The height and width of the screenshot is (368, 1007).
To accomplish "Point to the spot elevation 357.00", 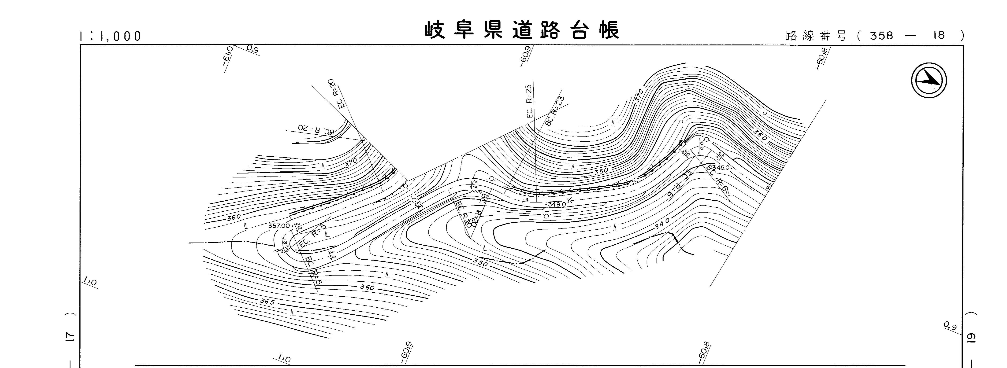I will (279, 226).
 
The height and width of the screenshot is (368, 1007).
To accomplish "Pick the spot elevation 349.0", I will (556, 204).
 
